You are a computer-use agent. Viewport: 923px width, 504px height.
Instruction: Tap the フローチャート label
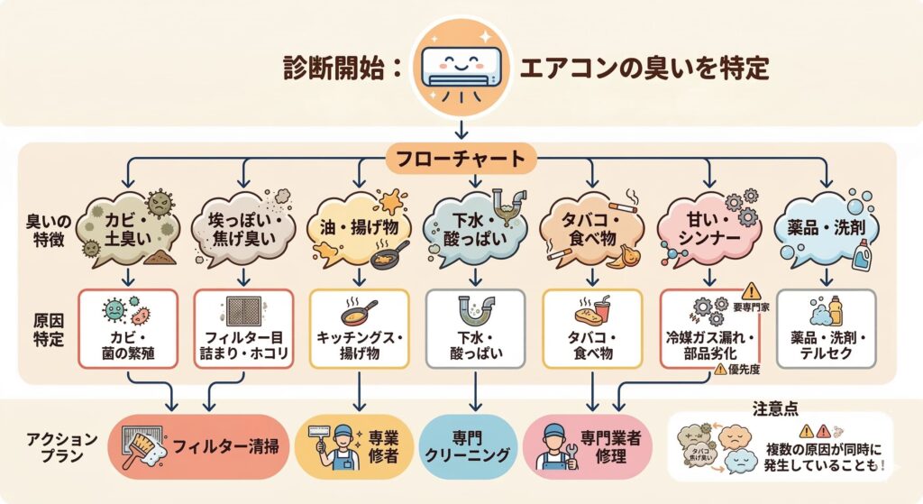pos(461,160)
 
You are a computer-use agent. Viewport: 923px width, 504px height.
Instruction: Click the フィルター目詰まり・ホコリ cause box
pos(244,328)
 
